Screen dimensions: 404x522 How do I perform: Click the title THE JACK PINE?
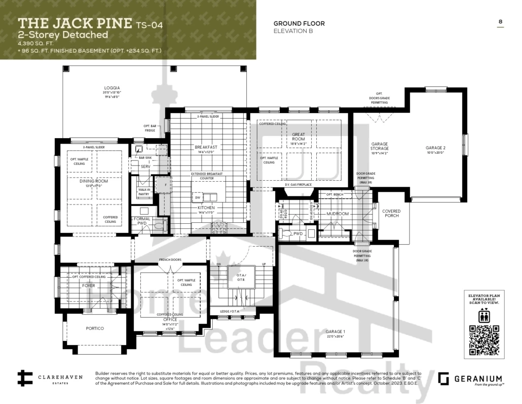pos(76,23)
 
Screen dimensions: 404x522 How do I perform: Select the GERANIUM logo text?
pos(477,379)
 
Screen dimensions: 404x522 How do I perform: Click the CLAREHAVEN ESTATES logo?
pos(46,379)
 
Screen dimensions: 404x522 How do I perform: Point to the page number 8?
pos(500,22)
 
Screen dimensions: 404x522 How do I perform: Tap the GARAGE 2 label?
pos(435,148)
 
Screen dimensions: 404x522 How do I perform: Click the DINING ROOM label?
pos(94,181)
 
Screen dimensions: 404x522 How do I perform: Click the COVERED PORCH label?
pos(391,213)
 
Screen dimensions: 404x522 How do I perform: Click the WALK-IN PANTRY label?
pos(144,192)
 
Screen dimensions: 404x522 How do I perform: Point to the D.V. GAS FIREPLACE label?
pos(298,184)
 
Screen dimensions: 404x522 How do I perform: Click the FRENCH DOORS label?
pos(170,260)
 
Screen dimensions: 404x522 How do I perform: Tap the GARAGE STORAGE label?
pos(380,146)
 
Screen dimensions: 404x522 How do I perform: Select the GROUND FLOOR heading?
pos(299,23)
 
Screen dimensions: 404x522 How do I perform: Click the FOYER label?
pos(89,286)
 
